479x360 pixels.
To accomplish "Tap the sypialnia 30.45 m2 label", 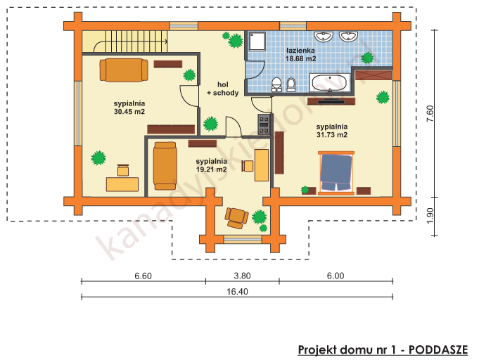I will [x=129, y=107].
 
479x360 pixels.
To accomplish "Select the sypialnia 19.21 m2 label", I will [x=211, y=165].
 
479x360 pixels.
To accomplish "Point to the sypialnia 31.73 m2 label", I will [x=332, y=130].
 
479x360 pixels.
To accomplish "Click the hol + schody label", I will [x=222, y=89].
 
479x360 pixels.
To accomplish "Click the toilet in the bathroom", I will [x=292, y=85].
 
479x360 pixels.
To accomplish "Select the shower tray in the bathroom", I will [x=255, y=43].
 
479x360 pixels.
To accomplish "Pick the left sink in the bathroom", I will [x=325, y=35].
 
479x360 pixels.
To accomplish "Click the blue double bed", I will [x=336, y=172].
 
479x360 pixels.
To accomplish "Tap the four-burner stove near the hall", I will [x=264, y=124].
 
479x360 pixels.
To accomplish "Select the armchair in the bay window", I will [x=236, y=217].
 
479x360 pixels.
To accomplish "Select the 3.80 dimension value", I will [x=242, y=276].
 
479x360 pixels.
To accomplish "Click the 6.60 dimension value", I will [x=143, y=276].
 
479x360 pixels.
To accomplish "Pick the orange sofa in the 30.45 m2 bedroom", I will [x=124, y=70].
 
